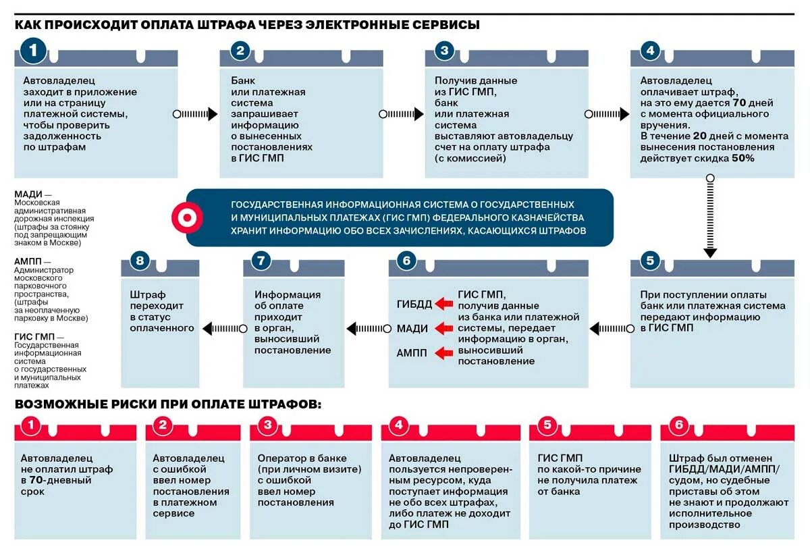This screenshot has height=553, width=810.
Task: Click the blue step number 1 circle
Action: pos(34,49)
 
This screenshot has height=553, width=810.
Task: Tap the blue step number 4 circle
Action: pos(649,51)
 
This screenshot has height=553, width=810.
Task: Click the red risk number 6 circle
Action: pos(679,425)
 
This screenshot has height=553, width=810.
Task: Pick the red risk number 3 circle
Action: pos(268,425)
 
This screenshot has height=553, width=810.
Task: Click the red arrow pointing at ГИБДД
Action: pos(444,304)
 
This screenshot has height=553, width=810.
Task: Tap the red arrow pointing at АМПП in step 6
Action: pos(444,352)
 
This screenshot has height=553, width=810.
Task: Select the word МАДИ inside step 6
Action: pos(412,329)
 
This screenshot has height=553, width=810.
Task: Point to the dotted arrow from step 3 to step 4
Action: pos(607,114)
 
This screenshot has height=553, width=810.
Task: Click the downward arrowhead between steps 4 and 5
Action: pos(710,253)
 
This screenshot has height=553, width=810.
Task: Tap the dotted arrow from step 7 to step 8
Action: pos(220,329)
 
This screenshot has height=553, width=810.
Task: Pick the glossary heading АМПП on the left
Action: pos(28,261)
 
